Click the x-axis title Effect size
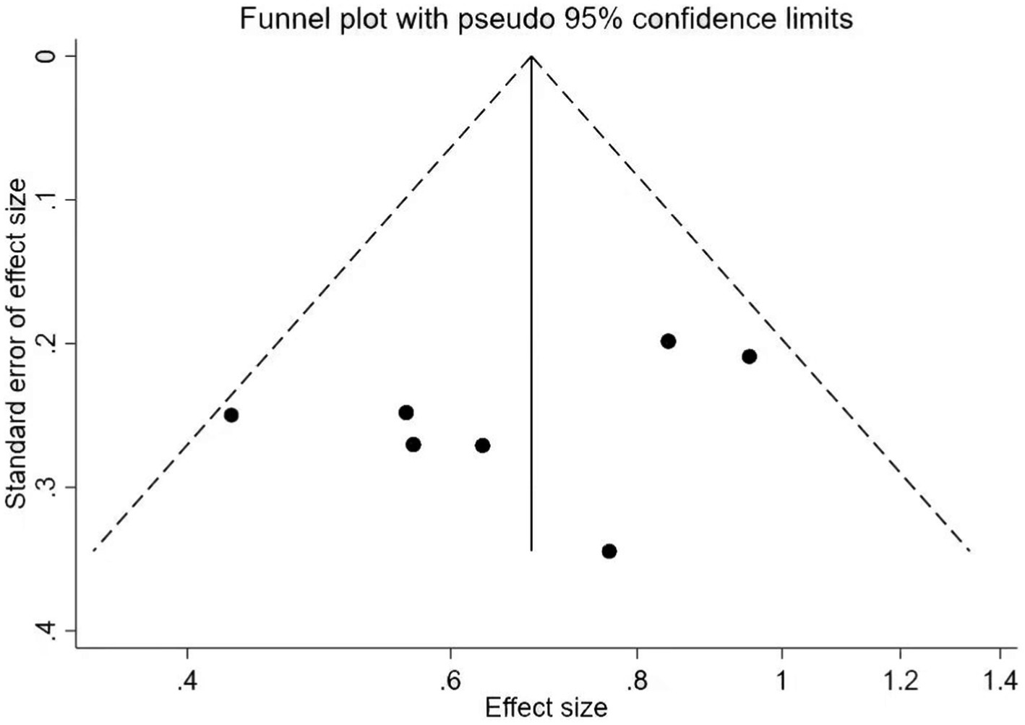[546, 706]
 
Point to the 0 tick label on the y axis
[50, 56]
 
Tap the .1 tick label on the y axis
[50, 200]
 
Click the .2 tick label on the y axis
[50, 343]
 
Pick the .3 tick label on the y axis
[50, 487]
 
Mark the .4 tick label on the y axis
[50, 630]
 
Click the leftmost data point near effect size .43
[231, 415]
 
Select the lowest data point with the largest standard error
[609, 552]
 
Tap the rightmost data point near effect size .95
[750, 356]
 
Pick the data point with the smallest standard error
[669, 341]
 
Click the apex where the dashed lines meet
[531, 56]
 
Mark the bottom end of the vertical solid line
[531, 551]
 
